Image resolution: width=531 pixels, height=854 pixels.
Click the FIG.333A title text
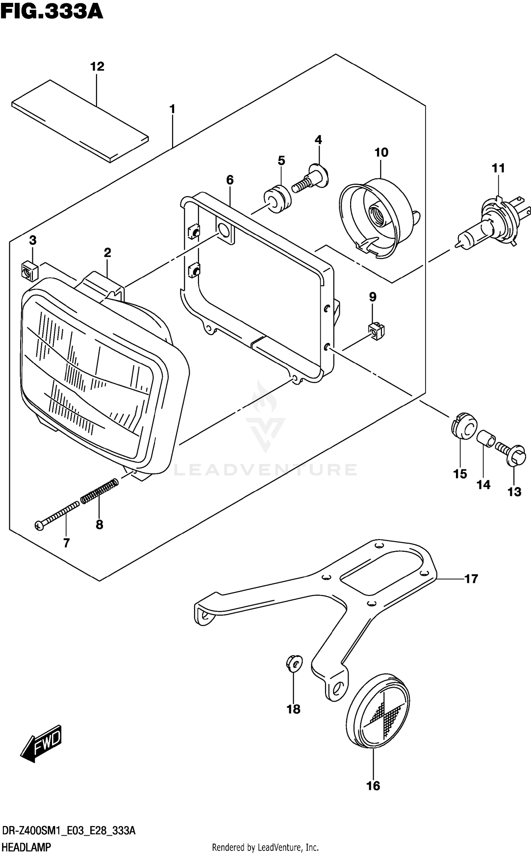coord(51,11)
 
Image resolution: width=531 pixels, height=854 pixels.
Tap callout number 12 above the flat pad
coord(97,67)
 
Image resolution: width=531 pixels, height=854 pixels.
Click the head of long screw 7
coord(39,526)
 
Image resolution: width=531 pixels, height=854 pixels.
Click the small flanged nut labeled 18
coord(294,664)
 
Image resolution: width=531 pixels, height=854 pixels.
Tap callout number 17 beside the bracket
coord(471,579)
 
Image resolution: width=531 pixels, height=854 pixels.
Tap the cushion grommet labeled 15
coord(464,426)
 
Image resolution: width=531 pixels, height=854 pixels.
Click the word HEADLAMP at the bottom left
coord(27,847)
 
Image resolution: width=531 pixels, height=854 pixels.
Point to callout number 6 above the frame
coord(230,180)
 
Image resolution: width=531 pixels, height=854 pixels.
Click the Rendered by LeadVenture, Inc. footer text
coord(265,847)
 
